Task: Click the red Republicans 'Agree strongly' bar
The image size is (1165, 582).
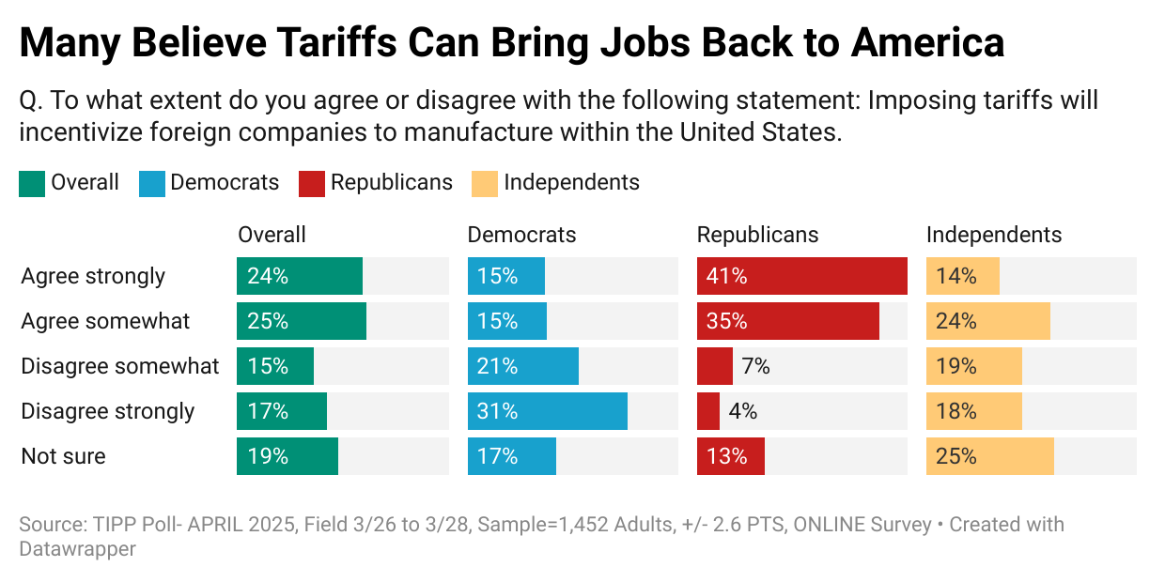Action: (x=801, y=276)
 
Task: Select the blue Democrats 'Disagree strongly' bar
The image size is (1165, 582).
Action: (x=547, y=411)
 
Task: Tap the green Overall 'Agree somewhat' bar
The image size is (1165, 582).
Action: (x=301, y=321)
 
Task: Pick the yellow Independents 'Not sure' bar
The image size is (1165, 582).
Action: (x=989, y=456)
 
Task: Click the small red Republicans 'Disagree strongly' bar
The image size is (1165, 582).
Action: (x=708, y=411)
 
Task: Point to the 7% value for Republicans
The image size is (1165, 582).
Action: (x=755, y=366)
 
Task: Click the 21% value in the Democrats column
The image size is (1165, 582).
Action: (x=497, y=366)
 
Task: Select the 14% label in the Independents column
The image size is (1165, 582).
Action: (x=955, y=276)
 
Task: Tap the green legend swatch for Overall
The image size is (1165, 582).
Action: (x=31, y=183)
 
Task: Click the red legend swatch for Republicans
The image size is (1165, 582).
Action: (x=311, y=183)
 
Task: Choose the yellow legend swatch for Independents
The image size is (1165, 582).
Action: (x=484, y=183)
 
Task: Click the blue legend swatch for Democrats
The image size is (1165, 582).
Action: (x=150, y=183)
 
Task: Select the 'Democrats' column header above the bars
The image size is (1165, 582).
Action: (x=521, y=235)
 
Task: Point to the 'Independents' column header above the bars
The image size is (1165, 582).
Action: (x=994, y=235)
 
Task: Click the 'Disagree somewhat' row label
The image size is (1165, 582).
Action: (x=119, y=366)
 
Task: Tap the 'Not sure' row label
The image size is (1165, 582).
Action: (x=63, y=456)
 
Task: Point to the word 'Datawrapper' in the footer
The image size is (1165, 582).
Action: (x=77, y=549)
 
